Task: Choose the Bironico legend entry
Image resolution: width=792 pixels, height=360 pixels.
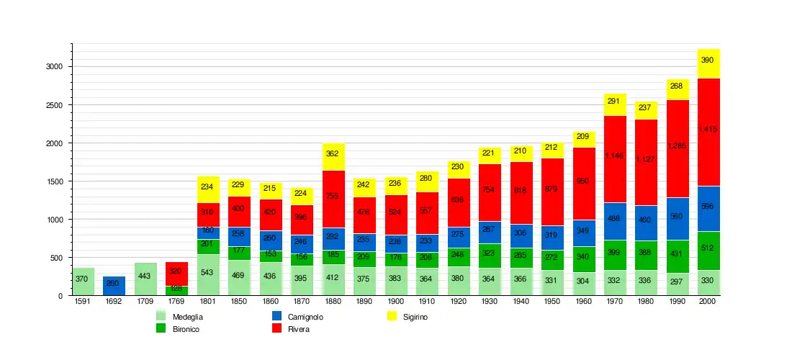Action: tap(185, 329)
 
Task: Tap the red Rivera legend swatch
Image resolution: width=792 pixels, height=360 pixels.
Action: tap(277, 329)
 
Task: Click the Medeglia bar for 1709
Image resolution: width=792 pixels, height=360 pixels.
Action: tap(145, 279)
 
